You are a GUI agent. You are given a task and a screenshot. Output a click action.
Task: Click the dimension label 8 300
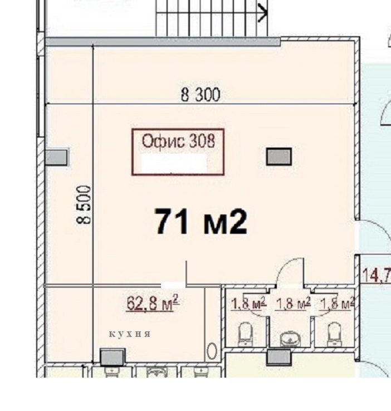coord(200,95)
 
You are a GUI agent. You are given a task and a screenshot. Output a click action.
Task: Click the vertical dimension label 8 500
coord(84,204)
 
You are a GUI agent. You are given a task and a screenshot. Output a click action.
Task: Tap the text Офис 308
coord(178,140)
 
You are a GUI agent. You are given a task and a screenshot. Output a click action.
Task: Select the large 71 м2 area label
coord(201,222)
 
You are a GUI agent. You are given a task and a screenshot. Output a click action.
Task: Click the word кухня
coord(130,334)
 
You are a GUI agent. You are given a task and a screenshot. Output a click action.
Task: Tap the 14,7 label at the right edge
coord(376,275)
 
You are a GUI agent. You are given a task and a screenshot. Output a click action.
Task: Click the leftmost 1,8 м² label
coord(247,304)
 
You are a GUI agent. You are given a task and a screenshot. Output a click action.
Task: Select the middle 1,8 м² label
coord(293,304)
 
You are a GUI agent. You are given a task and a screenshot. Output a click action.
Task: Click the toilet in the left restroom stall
coord(246,332)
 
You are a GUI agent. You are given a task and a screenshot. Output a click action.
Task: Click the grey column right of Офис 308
coord(279,156)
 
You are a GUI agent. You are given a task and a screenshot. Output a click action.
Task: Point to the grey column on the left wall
coord(56,157)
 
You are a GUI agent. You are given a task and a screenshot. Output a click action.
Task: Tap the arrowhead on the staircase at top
coord(263,11)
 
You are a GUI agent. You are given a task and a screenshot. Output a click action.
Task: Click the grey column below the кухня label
coord(112,356)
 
